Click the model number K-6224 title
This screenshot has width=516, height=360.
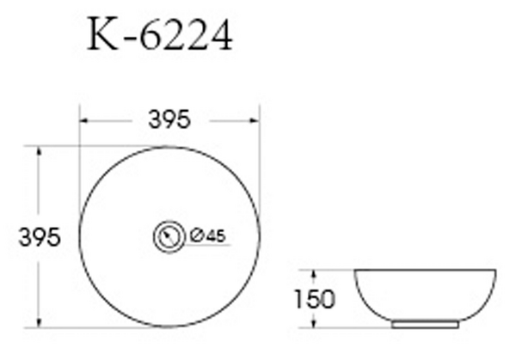tap(161, 37)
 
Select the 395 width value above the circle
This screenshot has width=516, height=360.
tap(169, 122)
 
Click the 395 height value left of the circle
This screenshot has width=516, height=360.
tap(40, 237)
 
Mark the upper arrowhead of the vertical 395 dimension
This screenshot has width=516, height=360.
tap(39, 150)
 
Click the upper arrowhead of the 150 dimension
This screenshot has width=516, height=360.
tap(316, 273)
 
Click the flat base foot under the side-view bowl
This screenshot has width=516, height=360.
tap(425, 325)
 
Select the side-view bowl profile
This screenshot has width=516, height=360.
tap(425, 295)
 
